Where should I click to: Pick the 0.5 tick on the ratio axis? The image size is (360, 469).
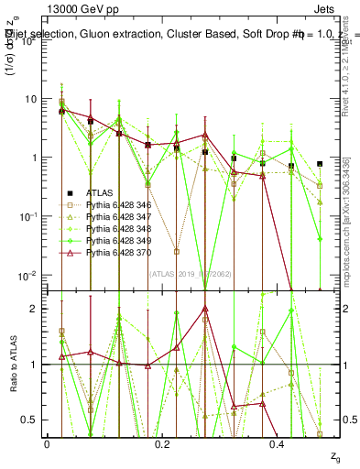pyautogui.click(x=30, y=420)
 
